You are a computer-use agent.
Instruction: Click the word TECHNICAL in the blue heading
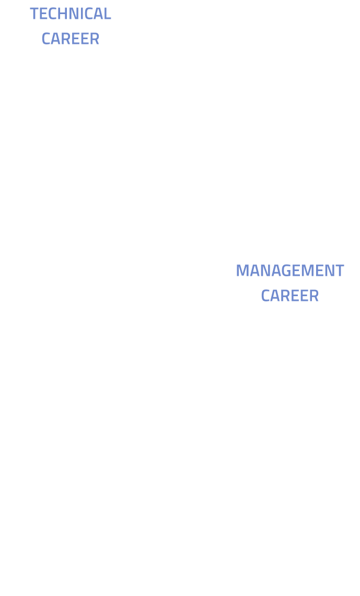tap(71, 14)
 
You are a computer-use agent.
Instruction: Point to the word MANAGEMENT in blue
tap(289, 271)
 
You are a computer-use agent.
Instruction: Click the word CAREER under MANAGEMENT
tap(289, 296)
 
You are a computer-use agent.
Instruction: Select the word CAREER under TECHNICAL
tap(71, 39)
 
